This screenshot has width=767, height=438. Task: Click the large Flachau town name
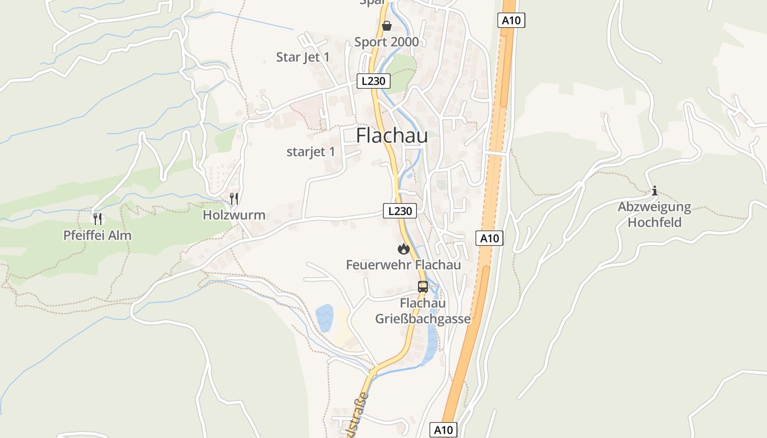pyautogui.click(x=392, y=136)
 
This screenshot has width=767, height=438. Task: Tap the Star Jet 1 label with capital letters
pyautogui.click(x=303, y=57)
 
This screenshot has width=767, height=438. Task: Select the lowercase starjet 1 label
pyautogui.click(x=311, y=152)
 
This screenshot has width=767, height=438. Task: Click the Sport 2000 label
pyautogui.click(x=386, y=42)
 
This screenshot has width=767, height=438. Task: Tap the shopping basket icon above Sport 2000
pyautogui.click(x=387, y=26)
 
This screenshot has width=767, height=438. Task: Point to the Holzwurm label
pyautogui.click(x=234, y=215)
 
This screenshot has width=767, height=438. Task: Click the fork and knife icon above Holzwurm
pyautogui.click(x=234, y=199)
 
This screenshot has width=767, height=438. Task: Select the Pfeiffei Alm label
pyautogui.click(x=98, y=235)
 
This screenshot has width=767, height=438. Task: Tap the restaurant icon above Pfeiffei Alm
pyautogui.click(x=98, y=219)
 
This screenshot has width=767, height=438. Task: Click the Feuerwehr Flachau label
pyautogui.click(x=403, y=265)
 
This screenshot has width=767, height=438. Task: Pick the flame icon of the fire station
pyautogui.click(x=404, y=249)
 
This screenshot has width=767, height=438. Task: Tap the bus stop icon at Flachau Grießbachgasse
pyautogui.click(x=422, y=286)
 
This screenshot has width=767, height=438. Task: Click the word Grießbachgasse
pyautogui.click(x=422, y=319)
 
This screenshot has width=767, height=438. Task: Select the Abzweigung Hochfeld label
pyautogui.click(x=654, y=215)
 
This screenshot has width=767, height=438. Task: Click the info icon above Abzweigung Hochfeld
pyautogui.click(x=654, y=191)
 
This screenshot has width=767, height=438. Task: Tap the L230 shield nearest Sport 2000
pyautogui.click(x=374, y=81)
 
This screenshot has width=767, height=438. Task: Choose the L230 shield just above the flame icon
pyautogui.click(x=399, y=211)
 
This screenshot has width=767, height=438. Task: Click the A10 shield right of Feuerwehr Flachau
pyautogui.click(x=489, y=238)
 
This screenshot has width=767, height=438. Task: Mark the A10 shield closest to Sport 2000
pyautogui.click(x=512, y=21)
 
